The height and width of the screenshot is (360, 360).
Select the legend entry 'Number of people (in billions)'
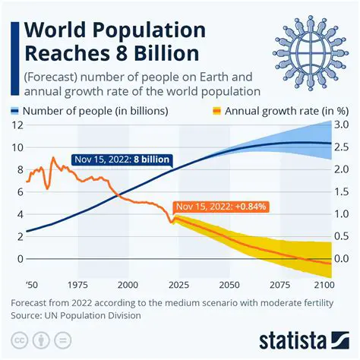(109, 111)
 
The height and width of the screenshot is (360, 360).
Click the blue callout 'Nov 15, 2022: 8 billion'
(122, 160)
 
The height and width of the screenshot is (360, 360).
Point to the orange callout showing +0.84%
(220, 206)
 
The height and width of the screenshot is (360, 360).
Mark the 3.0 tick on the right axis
(341, 125)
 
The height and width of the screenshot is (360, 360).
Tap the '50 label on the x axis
(30, 284)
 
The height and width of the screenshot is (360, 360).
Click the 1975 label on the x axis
(78, 284)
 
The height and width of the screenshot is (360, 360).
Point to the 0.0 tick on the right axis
(341, 259)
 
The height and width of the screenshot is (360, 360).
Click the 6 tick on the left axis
(17, 191)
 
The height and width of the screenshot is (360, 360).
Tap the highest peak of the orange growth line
(52, 158)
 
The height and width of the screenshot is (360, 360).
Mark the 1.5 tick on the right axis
(341, 191)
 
